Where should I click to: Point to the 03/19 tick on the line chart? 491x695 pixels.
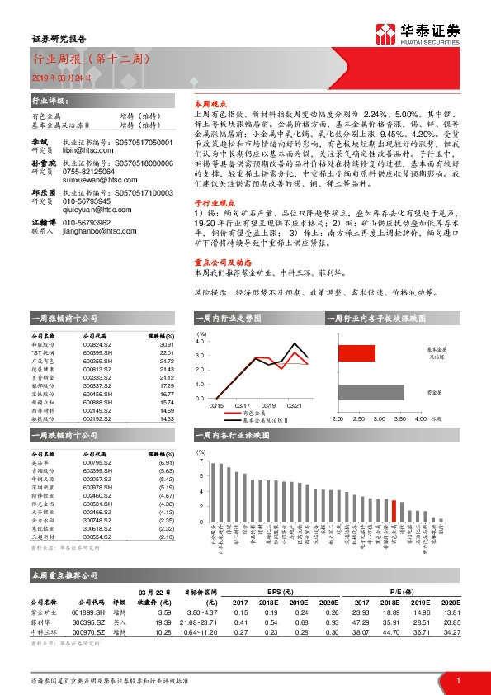tap(269, 405)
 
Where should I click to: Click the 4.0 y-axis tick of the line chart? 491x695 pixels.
tap(201, 341)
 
